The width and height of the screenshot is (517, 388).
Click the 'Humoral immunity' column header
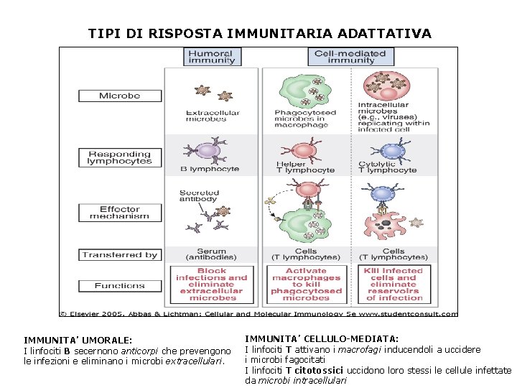click(211, 57)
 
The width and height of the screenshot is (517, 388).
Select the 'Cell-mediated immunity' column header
click(350, 57)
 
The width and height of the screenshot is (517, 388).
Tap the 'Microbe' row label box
click(120, 96)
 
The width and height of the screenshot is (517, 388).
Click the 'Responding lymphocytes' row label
click(120, 157)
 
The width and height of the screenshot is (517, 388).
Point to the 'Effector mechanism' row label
click(120, 213)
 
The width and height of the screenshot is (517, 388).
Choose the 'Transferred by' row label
click(120, 254)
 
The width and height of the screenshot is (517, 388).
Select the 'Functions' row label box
click(120, 285)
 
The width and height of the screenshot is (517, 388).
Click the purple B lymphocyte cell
click(208, 150)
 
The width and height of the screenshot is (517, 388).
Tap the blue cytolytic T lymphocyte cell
click(392, 150)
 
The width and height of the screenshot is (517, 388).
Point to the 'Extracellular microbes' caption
click(213, 116)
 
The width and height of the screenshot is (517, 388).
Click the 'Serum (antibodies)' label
click(212, 254)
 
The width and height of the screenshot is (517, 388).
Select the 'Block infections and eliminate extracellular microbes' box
click(212, 285)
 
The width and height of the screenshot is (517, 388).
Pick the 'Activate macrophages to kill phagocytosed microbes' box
click(306, 285)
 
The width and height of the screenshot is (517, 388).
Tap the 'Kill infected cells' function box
click(393, 285)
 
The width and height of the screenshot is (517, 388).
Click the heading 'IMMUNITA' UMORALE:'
click(78, 340)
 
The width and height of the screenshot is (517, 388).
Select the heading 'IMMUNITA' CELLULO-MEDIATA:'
click(322, 338)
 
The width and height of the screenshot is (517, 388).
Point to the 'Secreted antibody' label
click(200, 195)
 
